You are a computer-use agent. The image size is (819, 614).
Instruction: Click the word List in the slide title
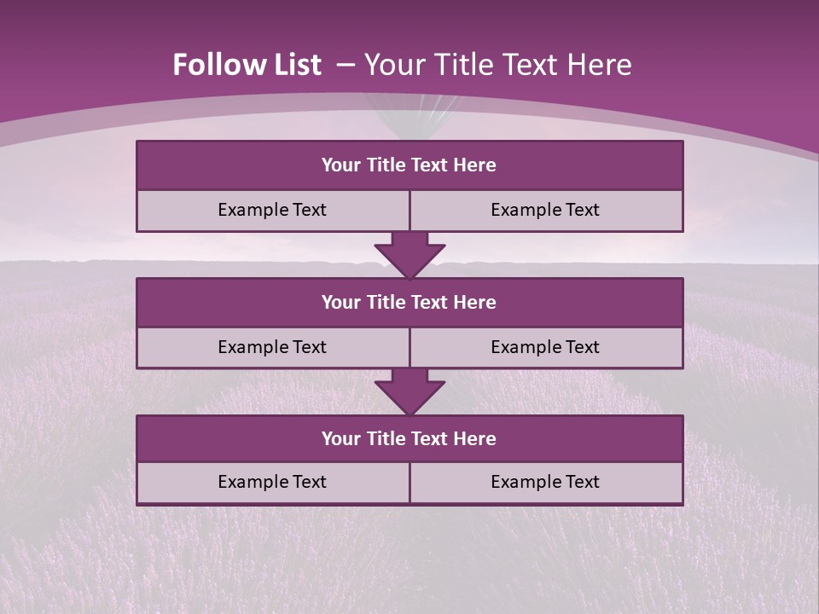coord(291,65)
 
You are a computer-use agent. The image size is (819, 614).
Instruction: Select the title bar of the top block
coord(409,165)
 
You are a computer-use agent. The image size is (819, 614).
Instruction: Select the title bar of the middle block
coord(409,302)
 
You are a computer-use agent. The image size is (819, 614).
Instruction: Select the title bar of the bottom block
coord(409,438)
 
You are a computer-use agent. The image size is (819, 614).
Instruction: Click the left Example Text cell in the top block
coord(273,210)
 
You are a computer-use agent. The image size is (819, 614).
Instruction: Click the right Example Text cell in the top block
coord(546,210)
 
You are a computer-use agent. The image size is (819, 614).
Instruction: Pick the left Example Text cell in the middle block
coord(273,347)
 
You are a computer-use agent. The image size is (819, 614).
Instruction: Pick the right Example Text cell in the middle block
coord(546,347)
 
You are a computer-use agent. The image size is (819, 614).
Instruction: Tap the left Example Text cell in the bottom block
coord(273,482)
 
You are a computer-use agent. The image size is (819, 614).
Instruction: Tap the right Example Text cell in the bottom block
coord(546,482)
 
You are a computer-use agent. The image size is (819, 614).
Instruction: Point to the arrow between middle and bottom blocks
coord(409,392)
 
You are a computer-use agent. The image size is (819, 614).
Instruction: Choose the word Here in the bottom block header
coord(475,438)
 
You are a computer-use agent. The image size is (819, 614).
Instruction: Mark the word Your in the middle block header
coord(341,302)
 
